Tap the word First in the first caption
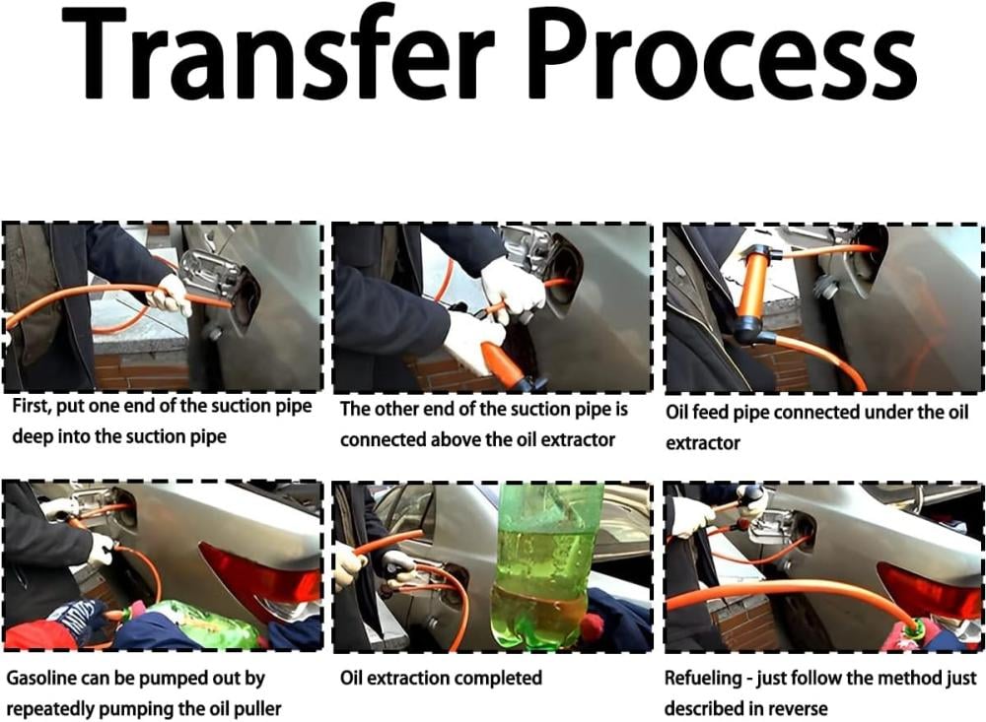click(x=30, y=406)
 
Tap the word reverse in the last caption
click(x=797, y=709)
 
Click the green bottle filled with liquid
click(x=547, y=565)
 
